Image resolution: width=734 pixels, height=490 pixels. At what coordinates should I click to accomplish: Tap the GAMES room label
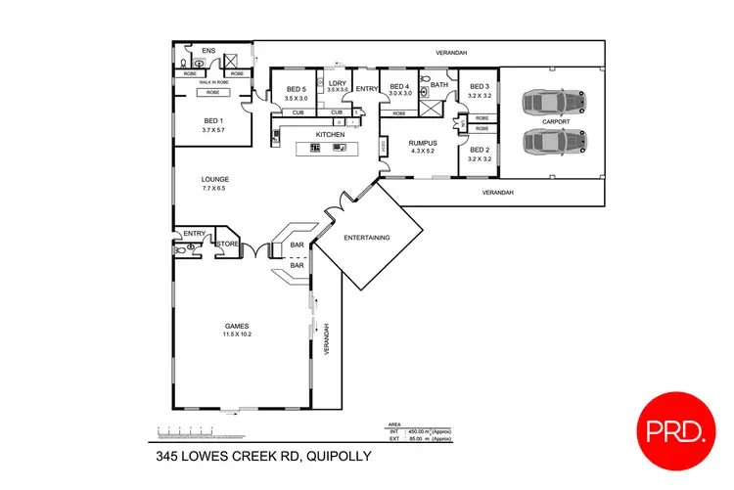(x=237, y=326)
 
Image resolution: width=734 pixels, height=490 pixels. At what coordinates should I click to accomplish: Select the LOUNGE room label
(x=214, y=179)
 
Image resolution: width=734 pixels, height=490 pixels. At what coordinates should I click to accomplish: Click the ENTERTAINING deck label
(x=368, y=238)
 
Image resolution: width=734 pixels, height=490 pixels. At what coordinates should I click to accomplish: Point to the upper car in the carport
(x=552, y=102)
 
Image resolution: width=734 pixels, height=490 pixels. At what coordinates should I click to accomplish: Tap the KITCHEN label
(x=329, y=134)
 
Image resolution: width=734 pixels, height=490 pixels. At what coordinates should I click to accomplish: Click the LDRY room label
(x=338, y=84)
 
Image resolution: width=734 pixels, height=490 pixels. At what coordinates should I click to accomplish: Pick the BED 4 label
(x=399, y=87)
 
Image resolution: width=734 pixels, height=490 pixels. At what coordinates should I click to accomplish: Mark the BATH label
(x=438, y=85)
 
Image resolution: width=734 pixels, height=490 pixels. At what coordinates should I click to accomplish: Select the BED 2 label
(x=479, y=150)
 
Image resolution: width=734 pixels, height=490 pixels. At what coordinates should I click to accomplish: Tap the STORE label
(x=227, y=244)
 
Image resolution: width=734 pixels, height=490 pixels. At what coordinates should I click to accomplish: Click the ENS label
(x=208, y=51)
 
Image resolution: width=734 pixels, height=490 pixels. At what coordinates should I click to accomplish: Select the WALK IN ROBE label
(x=213, y=82)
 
